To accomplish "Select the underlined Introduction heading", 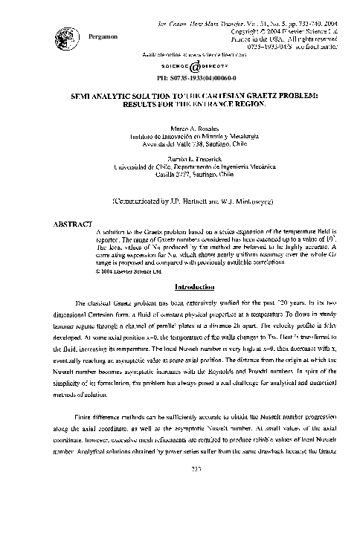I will tap(194, 287).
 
